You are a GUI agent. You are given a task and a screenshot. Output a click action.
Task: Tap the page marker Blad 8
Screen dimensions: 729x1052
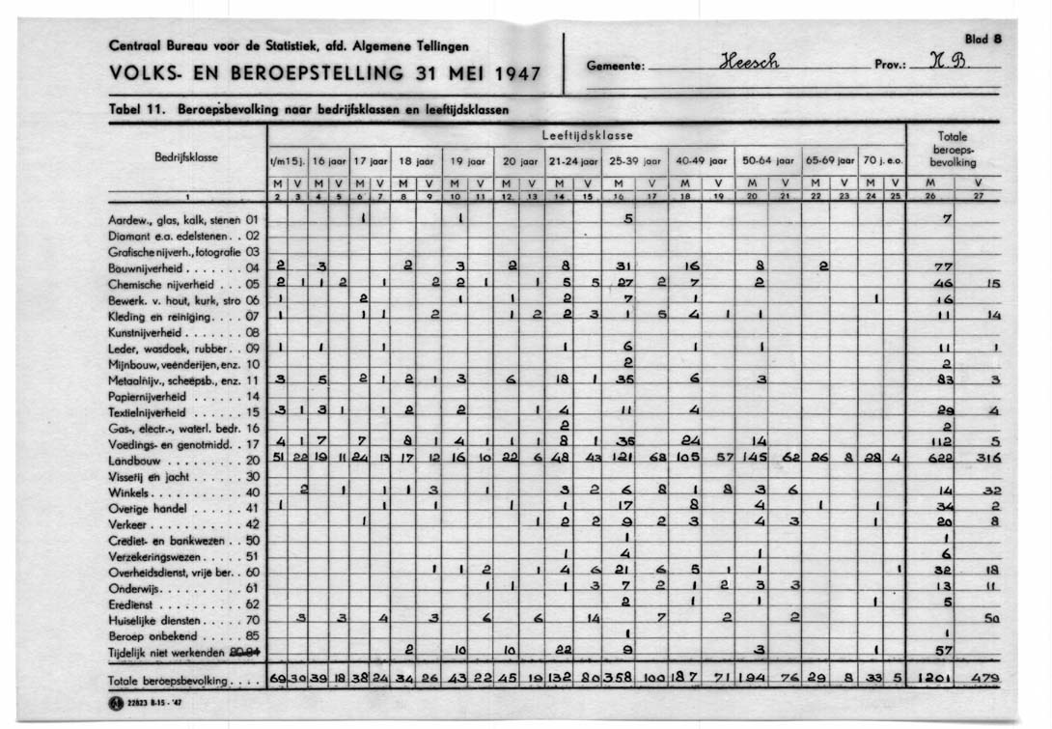(983, 40)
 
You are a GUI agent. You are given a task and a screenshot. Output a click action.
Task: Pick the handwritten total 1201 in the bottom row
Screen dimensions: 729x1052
(934, 679)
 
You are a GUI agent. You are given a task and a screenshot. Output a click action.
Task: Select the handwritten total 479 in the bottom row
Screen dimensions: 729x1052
(984, 679)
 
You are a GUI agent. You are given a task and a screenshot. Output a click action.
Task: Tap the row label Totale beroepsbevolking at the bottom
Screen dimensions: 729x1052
(178, 681)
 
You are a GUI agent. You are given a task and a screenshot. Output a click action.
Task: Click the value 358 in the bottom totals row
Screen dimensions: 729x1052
(622, 679)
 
